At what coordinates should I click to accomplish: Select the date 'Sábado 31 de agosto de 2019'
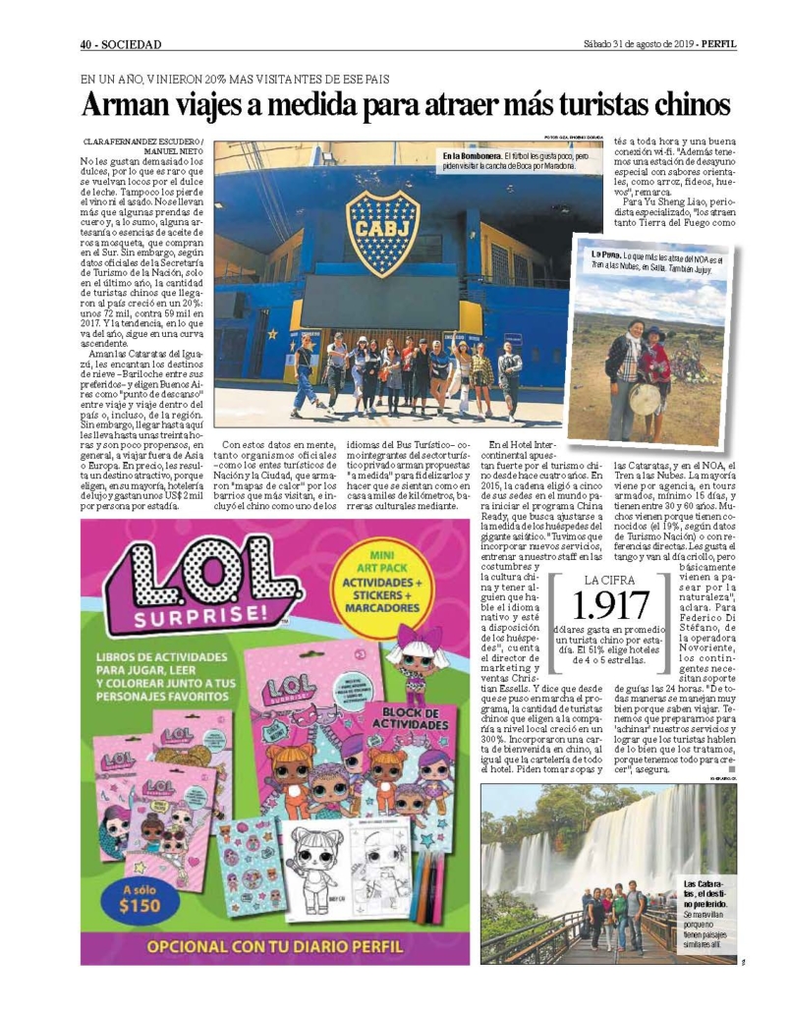coord(638,43)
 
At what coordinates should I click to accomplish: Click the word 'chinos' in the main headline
coord(679,104)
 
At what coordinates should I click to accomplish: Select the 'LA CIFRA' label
coord(611,579)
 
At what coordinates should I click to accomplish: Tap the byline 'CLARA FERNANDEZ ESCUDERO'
coord(142,141)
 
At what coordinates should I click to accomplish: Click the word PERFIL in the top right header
coord(719,43)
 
